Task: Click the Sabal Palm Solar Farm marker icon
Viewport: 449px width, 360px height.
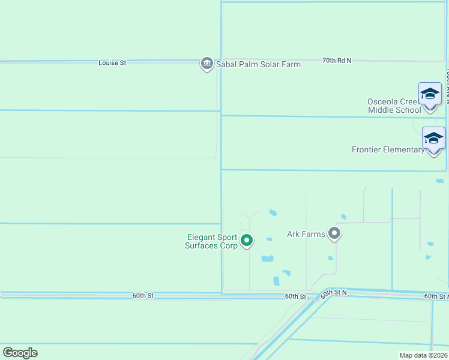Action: point(207,63)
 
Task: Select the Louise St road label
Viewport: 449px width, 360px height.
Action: point(112,62)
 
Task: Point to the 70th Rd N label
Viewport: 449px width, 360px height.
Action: point(336,61)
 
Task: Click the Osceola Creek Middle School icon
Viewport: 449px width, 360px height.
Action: point(430,94)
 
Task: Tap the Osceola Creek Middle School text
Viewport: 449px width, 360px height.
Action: point(394,106)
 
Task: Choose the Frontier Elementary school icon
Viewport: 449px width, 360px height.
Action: point(433,139)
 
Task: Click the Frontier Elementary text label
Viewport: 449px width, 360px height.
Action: point(388,149)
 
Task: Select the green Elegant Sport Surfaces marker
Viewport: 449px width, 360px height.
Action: point(247,241)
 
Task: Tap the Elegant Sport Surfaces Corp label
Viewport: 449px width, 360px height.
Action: point(212,241)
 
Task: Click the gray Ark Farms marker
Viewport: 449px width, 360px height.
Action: point(334,234)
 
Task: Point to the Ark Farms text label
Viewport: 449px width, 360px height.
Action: point(306,234)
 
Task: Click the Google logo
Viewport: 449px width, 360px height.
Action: point(20,353)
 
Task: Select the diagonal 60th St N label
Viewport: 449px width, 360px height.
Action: point(334,293)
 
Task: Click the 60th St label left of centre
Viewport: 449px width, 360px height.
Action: point(143,296)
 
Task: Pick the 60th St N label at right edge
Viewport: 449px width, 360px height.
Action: point(436,296)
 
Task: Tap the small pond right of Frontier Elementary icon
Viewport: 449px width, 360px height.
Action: point(439,181)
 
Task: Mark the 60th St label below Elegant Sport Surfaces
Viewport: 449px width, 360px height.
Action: point(295,296)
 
